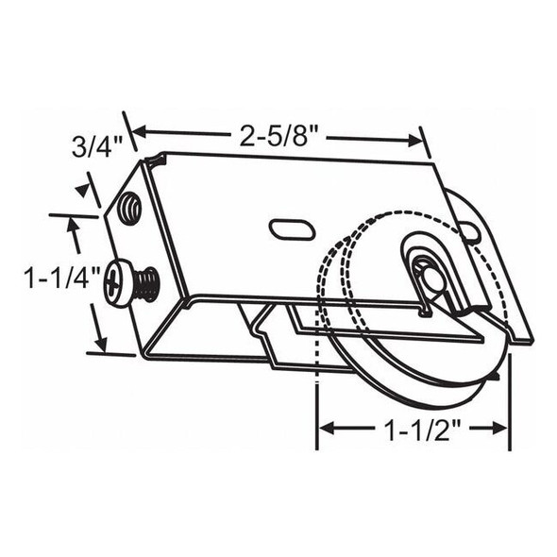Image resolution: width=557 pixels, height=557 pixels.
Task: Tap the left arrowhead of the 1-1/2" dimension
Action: [325, 428]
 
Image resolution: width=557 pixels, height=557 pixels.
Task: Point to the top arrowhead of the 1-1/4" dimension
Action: [75, 224]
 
